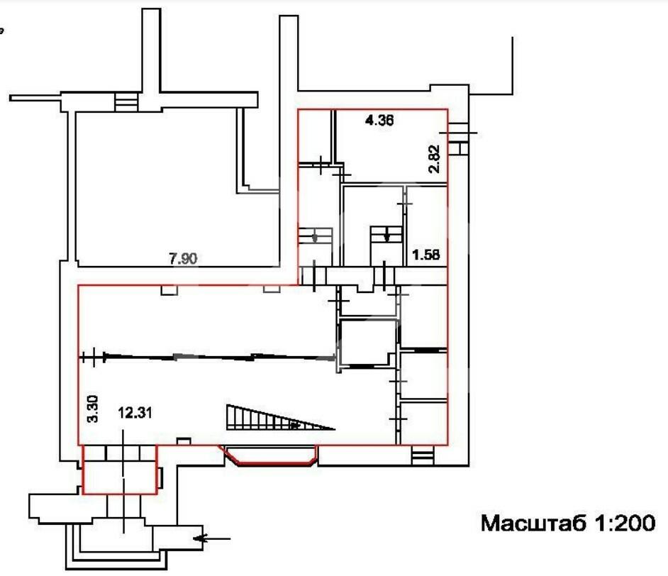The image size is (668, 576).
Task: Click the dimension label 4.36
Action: pos(379,120)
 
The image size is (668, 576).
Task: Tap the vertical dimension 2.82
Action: pos(434,158)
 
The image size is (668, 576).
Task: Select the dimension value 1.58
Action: pos(426,255)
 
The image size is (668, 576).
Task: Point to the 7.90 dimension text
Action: pos(183,258)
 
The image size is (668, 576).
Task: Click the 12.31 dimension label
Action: pos(135,412)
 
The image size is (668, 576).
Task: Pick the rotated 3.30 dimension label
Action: pos(92,409)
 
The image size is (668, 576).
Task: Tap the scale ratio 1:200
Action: pos(624,523)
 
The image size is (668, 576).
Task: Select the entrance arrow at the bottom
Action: pos(212,538)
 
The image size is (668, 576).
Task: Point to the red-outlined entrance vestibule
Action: pos(120,470)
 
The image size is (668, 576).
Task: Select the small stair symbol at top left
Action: pos(126,103)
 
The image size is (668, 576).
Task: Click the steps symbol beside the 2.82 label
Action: pos(458,139)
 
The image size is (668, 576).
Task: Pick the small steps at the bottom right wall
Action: pos(423,455)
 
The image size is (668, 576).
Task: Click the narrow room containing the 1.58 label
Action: pos(426,226)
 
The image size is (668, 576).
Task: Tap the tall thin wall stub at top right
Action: pos(512,65)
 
